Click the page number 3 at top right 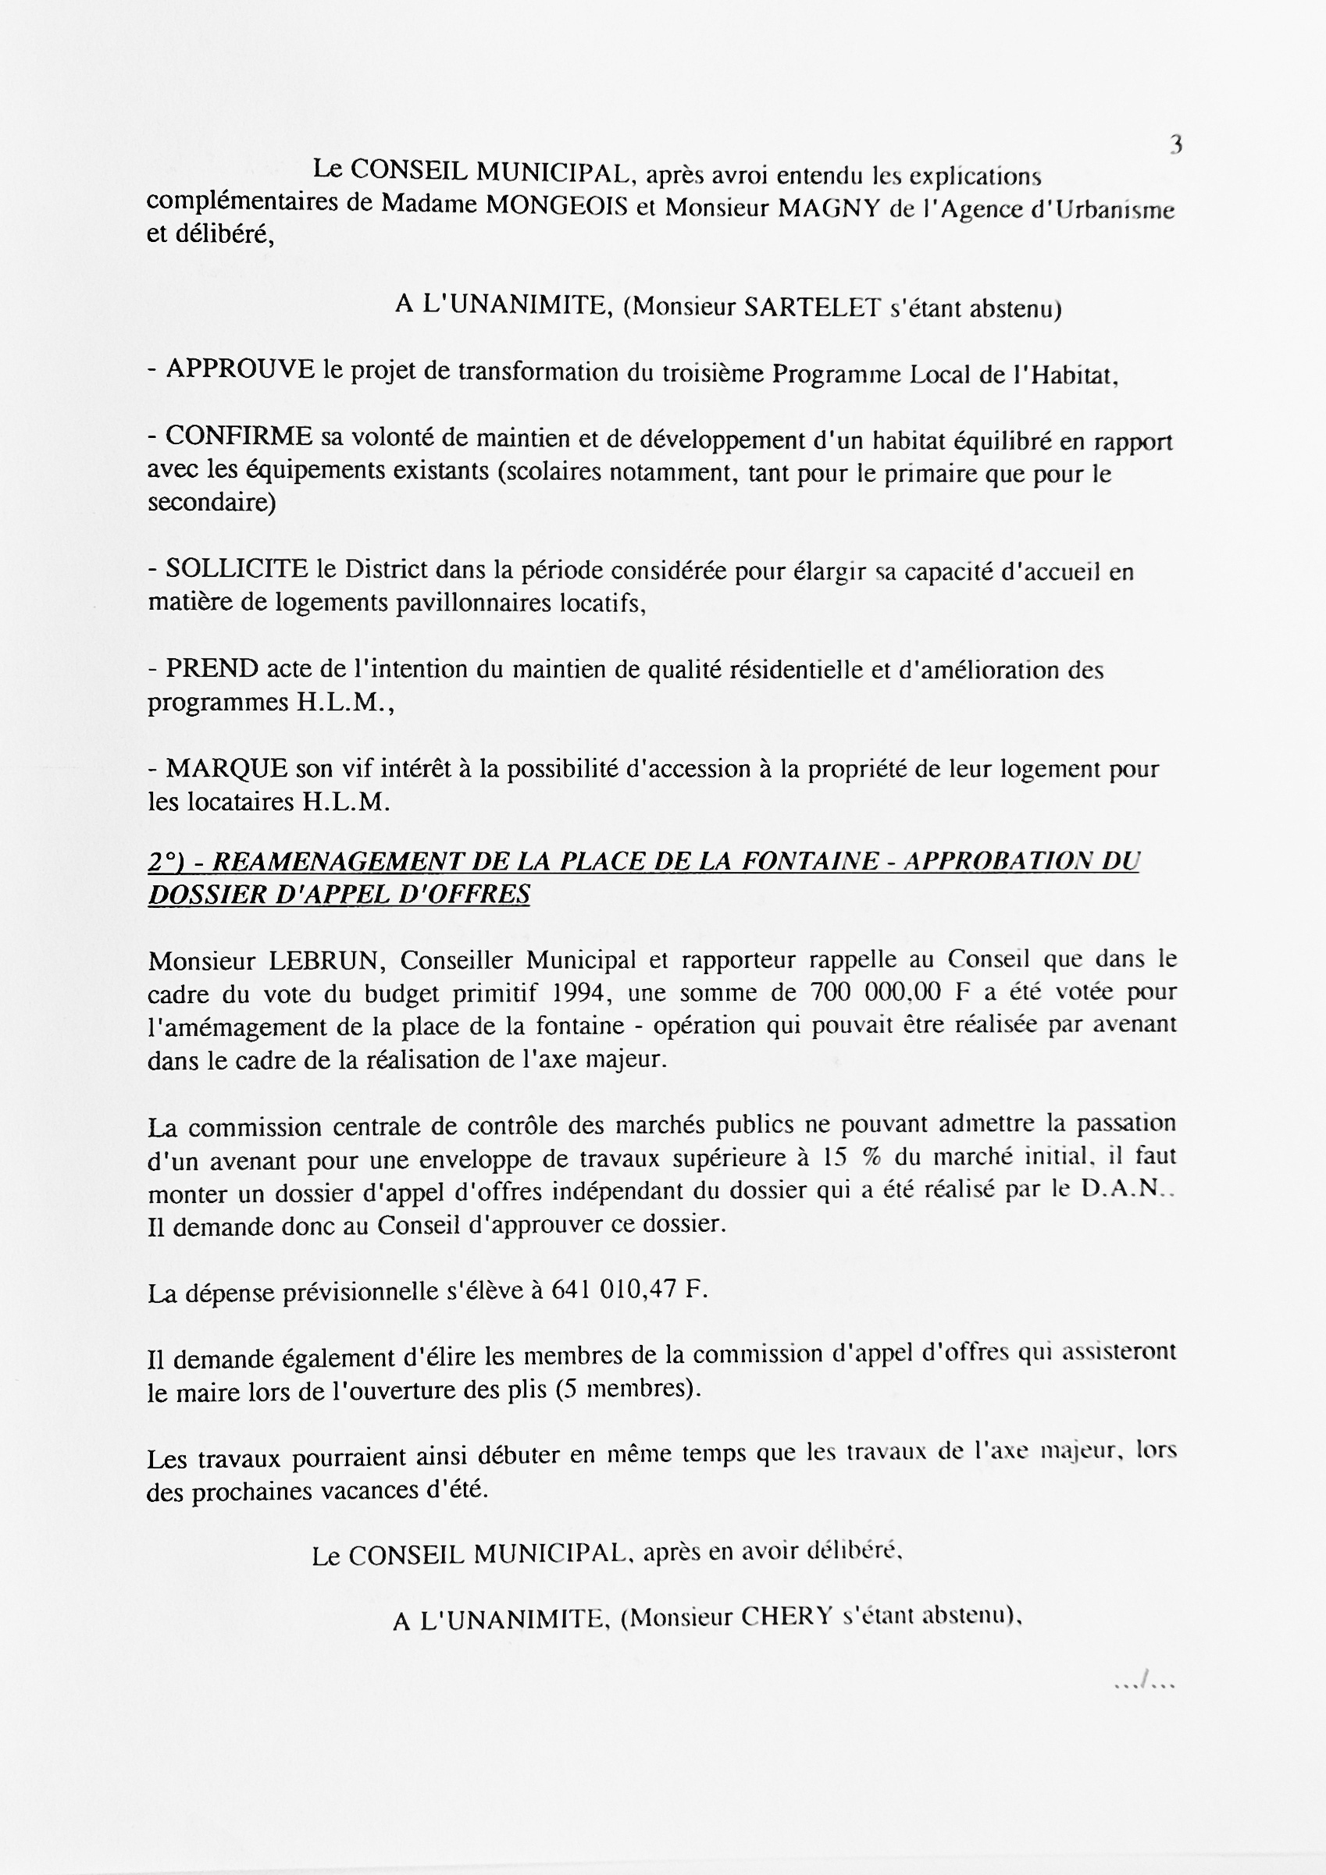(1175, 145)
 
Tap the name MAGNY (829, 208)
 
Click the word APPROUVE (241, 369)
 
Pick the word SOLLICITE (237, 568)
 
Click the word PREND (212, 668)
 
